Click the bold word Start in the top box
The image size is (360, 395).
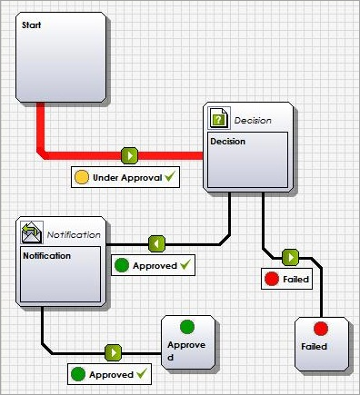(31, 25)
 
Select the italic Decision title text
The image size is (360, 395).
(253, 121)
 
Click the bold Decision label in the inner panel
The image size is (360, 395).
(228, 142)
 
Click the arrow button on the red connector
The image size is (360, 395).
(129, 155)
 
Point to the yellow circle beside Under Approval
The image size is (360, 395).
(82, 177)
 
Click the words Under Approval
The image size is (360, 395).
(127, 177)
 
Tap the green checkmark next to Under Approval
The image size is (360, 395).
(170, 176)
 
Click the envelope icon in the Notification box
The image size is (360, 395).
(32, 232)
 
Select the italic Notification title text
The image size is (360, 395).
(74, 234)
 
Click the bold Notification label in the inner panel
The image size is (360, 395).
(47, 256)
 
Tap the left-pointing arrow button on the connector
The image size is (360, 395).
(157, 243)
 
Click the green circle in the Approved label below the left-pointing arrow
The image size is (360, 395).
(122, 265)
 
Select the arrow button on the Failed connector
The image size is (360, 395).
(290, 258)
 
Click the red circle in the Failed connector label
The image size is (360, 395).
(272, 279)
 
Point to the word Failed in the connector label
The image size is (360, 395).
(295, 279)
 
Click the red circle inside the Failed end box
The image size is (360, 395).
(321, 329)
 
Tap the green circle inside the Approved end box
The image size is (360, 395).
(187, 327)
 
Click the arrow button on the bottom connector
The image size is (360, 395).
(113, 352)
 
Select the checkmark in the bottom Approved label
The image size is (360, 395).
(142, 373)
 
